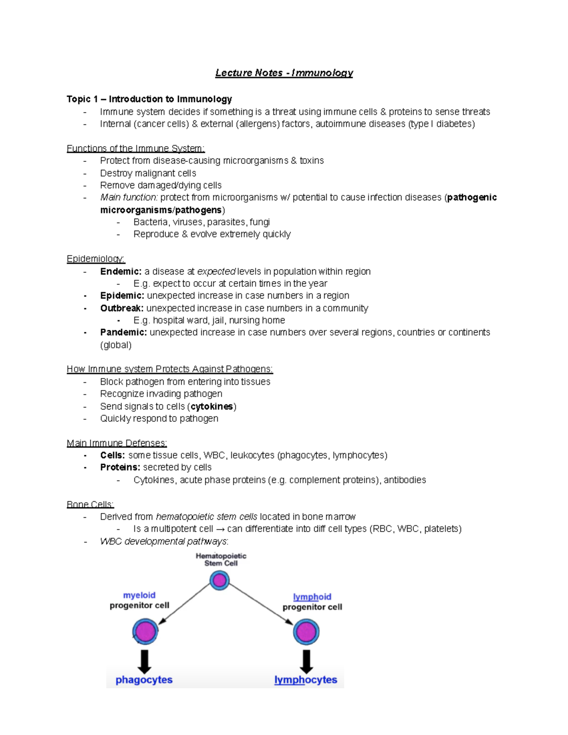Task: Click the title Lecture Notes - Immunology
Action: pos(284,73)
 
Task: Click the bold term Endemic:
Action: pos(121,271)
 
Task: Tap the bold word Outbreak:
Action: pos(122,308)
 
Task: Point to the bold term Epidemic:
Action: pos(122,296)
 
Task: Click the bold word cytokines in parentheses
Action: pos(212,407)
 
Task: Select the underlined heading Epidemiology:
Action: pos(96,259)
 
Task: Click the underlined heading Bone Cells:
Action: pos(90,505)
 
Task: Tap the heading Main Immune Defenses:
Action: pos(116,443)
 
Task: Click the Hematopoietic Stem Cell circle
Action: pos(220,580)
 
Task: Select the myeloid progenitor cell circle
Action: pos(145,632)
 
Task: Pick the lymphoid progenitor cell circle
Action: pos(306,632)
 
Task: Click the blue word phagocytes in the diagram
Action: pos(144,680)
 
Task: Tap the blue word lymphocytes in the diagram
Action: pos(306,680)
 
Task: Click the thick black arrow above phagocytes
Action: pos(144,661)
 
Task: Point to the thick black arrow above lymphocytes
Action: pos(306,661)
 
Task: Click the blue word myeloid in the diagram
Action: pos(139,595)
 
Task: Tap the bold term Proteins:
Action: pos(120,468)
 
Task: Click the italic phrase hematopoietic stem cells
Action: pos(206,517)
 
